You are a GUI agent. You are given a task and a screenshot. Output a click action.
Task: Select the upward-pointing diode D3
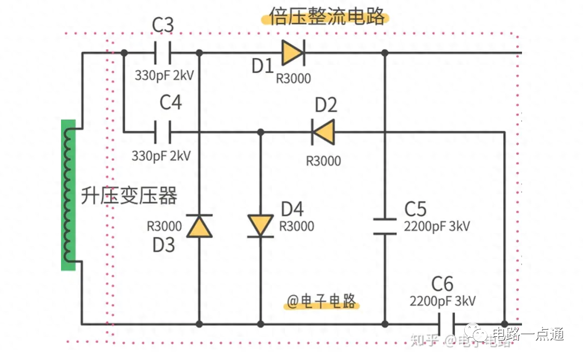tap(199, 226)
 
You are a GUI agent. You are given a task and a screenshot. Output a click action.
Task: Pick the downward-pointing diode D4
tap(261, 225)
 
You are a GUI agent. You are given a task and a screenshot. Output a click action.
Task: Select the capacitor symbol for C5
tap(385, 226)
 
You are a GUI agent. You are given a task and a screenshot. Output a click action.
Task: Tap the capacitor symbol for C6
tap(446, 324)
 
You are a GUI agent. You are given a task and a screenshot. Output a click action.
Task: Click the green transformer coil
tap(68, 194)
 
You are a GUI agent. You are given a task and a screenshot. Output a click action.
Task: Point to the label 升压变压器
tap(129, 196)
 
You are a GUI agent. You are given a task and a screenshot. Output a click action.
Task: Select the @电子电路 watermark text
tap(321, 301)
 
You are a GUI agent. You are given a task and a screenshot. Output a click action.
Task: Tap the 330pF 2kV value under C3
tap(164, 75)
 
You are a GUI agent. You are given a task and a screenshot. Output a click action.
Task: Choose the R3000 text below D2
tap(323, 161)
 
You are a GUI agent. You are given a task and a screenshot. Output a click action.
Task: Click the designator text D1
tap(263, 66)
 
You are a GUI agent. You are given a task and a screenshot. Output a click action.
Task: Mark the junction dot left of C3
tap(124, 53)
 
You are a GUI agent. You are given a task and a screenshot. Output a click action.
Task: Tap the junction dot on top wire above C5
tap(385, 53)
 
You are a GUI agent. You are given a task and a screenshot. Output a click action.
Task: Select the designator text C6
tap(442, 284)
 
